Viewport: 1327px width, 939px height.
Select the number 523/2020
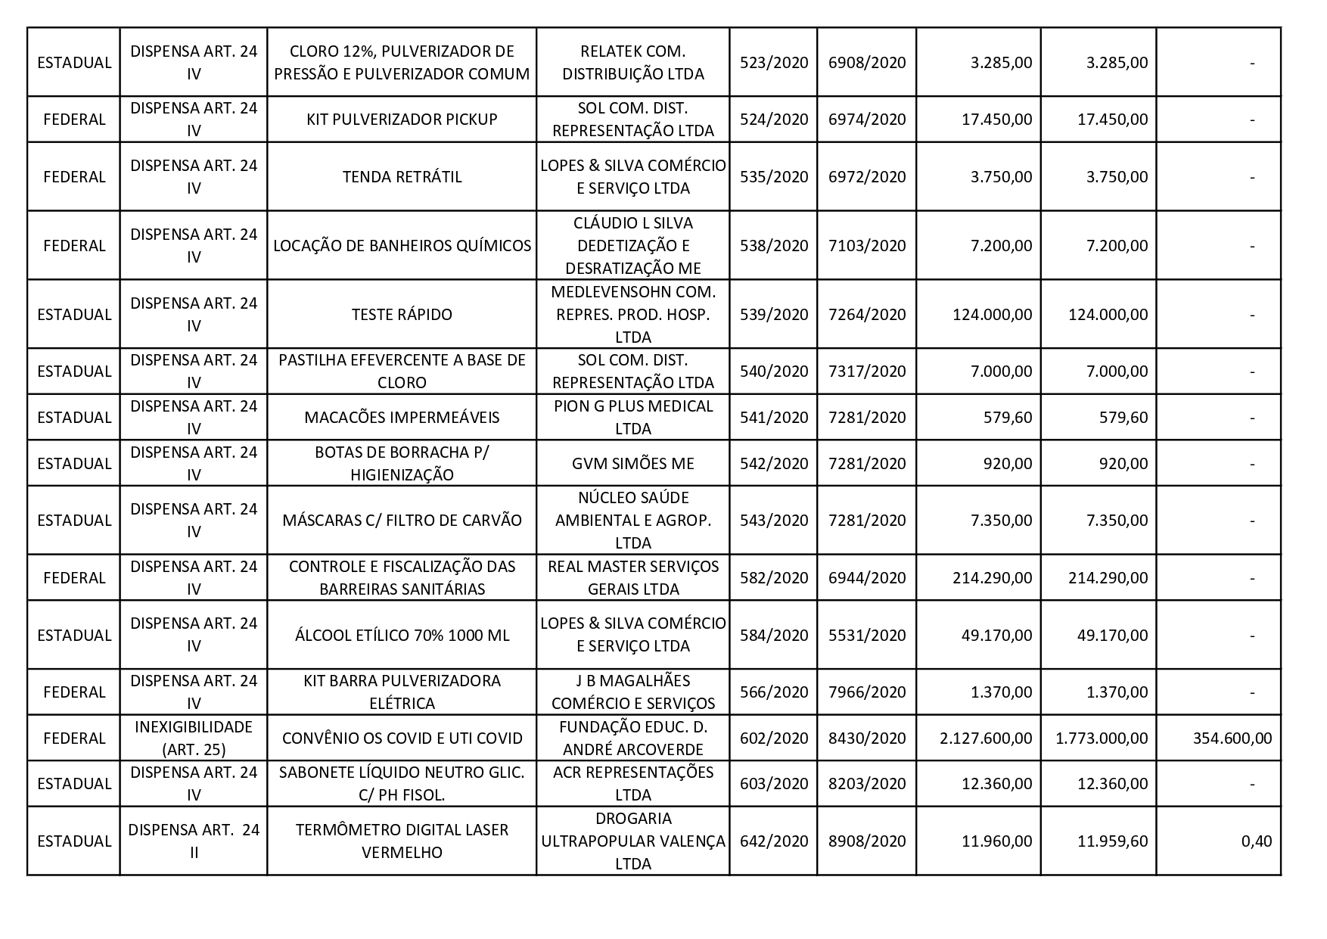point(773,63)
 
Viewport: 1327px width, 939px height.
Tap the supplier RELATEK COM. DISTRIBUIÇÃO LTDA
point(632,63)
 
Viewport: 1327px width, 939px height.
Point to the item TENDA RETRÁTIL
point(402,177)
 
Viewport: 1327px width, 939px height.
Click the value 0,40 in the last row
point(1257,841)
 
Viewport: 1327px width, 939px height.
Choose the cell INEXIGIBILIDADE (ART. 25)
point(193,738)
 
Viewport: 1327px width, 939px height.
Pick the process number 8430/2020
point(867,738)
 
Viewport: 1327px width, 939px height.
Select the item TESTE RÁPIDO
point(402,315)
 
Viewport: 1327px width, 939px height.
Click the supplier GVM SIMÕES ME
point(632,463)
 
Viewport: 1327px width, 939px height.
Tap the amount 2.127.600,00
point(986,738)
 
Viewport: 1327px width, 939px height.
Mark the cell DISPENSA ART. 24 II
point(193,841)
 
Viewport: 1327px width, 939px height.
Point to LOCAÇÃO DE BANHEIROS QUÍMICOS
point(402,246)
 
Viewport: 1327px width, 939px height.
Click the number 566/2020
point(773,692)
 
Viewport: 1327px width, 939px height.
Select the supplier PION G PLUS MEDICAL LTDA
point(632,417)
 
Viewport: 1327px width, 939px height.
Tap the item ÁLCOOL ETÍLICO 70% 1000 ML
point(402,636)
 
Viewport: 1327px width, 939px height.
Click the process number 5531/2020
point(867,636)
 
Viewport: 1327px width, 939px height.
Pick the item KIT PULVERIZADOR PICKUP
point(402,120)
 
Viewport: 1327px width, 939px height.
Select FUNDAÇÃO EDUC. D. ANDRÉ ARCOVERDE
point(632,738)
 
